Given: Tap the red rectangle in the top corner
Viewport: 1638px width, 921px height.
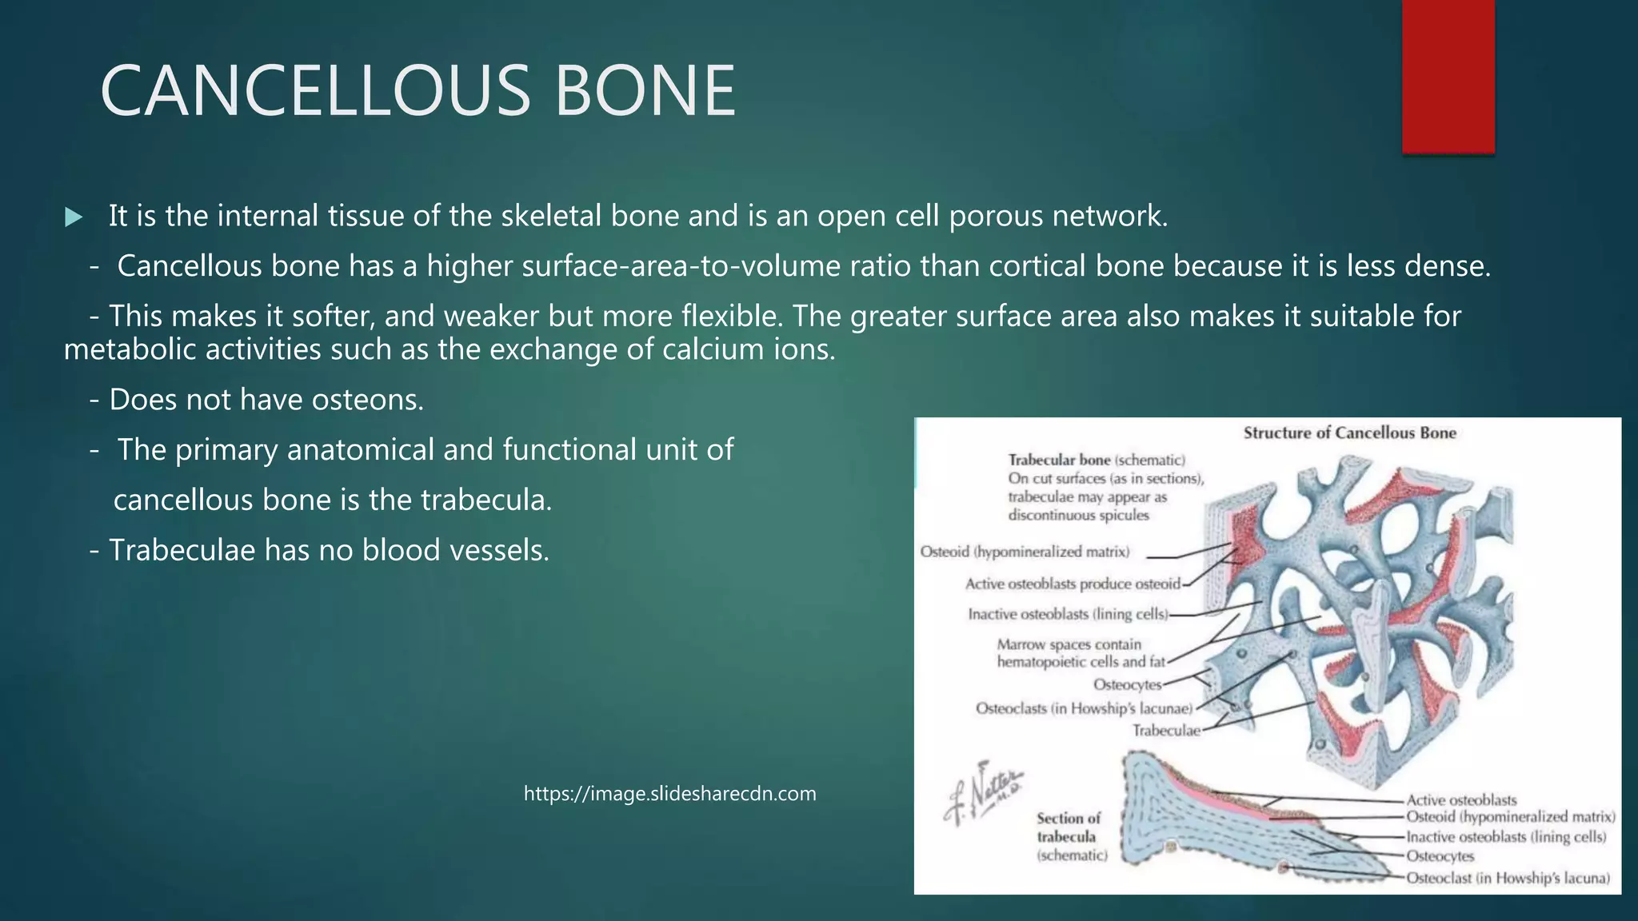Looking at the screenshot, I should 1448,76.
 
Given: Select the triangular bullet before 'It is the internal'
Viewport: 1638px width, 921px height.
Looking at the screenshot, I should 74,217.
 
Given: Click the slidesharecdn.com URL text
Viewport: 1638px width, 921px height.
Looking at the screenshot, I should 669,794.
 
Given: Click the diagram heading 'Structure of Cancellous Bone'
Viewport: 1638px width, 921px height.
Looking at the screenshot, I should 1349,433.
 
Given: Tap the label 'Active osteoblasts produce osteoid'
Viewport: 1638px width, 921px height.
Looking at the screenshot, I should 1073,584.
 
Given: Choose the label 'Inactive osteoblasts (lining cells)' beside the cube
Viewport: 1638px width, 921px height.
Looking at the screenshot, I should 1068,615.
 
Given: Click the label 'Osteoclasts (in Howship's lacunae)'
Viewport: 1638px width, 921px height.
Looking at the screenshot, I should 1084,709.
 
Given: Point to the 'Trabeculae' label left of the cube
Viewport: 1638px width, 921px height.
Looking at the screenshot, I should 1166,731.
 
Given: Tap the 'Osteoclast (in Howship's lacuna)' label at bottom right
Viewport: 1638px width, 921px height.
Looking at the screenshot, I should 1508,879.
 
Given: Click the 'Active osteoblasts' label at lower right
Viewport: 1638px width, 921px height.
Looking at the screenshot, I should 1461,800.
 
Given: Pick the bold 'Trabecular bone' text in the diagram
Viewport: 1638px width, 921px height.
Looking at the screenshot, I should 1059,460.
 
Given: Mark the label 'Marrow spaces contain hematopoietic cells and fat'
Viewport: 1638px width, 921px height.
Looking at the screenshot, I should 1080,653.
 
